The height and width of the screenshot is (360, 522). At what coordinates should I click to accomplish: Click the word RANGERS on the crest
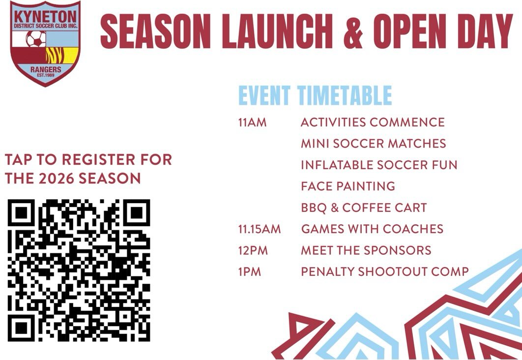[46, 69]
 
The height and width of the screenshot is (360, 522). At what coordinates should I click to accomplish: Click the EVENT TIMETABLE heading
[315, 95]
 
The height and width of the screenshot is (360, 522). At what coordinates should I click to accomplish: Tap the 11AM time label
[252, 122]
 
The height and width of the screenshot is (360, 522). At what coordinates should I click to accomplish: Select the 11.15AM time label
[260, 229]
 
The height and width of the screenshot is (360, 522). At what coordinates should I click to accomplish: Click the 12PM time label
[253, 250]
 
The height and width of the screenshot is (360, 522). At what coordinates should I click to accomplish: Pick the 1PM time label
[249, 272]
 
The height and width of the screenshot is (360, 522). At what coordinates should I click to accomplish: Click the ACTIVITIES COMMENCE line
[373, 122]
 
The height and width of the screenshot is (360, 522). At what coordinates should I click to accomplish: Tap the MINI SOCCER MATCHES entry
[373, 144]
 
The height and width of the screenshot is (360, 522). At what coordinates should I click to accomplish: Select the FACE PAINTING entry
[348, 186]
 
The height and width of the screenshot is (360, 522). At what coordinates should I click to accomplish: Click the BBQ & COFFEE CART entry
[364, 208]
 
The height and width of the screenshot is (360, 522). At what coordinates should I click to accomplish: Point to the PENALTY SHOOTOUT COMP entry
[384, 272]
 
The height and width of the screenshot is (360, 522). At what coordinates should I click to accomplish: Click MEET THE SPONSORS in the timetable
[366, 250]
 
